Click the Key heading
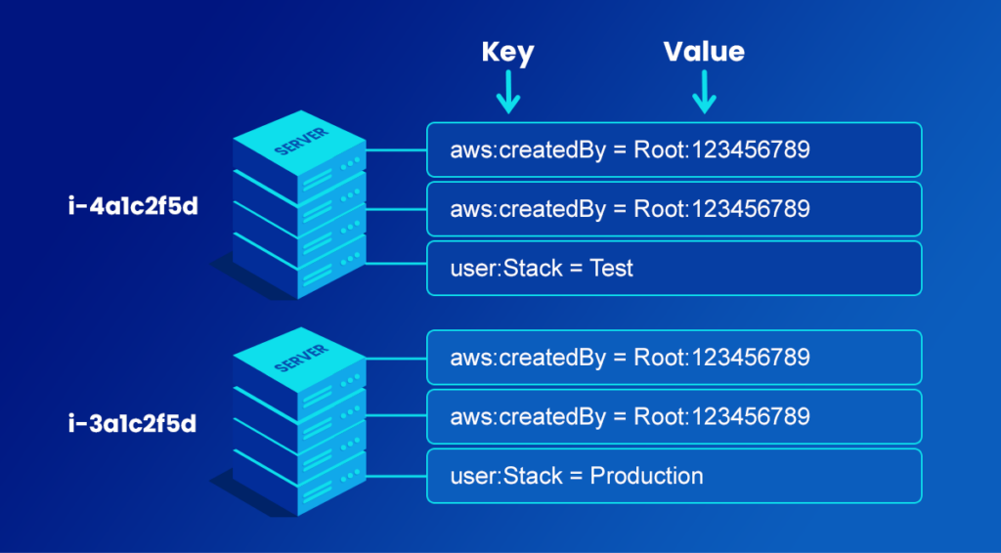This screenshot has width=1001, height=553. [x=507, y=53]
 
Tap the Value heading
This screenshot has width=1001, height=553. [x=704, y=52]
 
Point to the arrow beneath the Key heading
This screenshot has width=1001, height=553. [x=508, y=92]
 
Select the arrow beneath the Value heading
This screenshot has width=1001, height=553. [x=704, y=92]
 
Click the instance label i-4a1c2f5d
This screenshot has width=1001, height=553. [x=133, y=207]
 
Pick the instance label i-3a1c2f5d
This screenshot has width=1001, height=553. [x=133, y=423]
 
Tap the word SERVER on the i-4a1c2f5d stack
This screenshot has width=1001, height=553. [x=301, y=142]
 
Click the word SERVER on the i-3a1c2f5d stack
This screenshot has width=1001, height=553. [x=301, y=359]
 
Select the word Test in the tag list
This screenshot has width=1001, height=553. [x=611, y=268]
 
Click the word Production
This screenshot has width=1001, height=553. [x=646, y=476]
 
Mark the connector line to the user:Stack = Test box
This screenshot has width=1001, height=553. [x=396, y=263]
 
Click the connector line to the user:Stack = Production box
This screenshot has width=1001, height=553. [x=396, y=476]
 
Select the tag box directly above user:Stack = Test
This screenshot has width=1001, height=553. [x=675, y=209]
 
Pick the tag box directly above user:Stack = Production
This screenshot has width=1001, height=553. [x=675, y=416]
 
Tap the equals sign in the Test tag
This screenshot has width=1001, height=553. [x=576, y=269]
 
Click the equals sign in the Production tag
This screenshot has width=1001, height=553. [x=576, y=477]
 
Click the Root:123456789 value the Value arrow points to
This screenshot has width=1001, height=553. [x=721, y=149]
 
